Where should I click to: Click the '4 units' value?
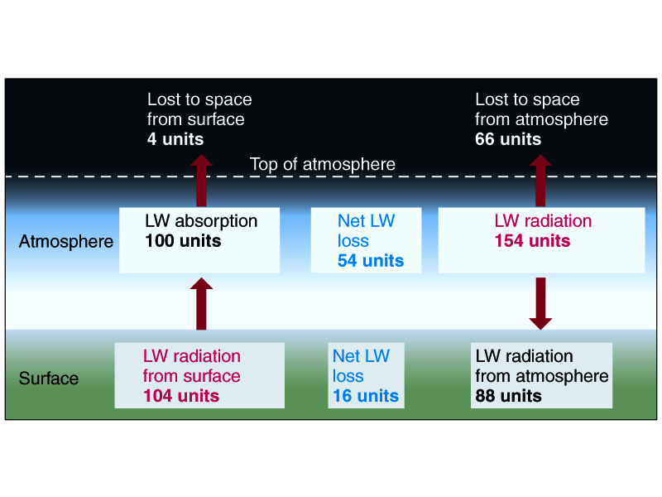(x=175, y=139)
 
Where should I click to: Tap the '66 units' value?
(x=508, y=139)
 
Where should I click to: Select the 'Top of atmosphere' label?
(x=323, y=164)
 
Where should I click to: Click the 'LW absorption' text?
(x=201, y=221)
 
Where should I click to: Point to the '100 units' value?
(x=183, y=241)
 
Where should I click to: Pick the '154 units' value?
(x=532, y=241)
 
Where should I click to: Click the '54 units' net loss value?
(x=371, y=261)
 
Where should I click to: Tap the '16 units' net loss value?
(x=366, y=396)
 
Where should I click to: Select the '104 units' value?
(x=181, y=396)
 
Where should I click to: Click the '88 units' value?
(x=508, y=396)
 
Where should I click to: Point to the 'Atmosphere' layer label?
(x=65, y=242)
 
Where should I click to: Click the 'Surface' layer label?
(x=49, y=379)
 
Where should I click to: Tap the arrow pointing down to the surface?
(x=540, y=303)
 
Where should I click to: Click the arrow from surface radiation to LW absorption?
(x=200, y=304)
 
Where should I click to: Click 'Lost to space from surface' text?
(x=199, y=109)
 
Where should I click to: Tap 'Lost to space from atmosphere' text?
(x=541, y=109)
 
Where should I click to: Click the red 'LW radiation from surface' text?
(x=192, y=366)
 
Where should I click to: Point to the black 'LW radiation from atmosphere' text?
(x=542, y=366)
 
